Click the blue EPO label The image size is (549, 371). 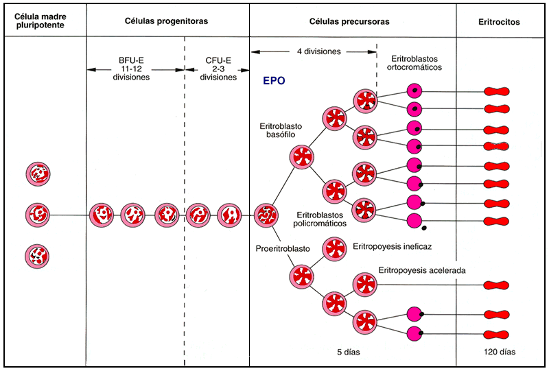[x=274, y=80]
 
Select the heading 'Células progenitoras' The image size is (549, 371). [x=167, y=22]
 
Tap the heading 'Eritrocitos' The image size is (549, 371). [x=499, y=22]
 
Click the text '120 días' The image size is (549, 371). [x=499, y=352]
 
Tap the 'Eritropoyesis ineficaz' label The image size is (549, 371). [x=392, y=246]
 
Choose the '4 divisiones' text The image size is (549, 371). [x=314, y=51]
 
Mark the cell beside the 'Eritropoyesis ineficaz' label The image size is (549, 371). [x=334, y=249]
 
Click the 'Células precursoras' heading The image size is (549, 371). [x=353, y=22]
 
